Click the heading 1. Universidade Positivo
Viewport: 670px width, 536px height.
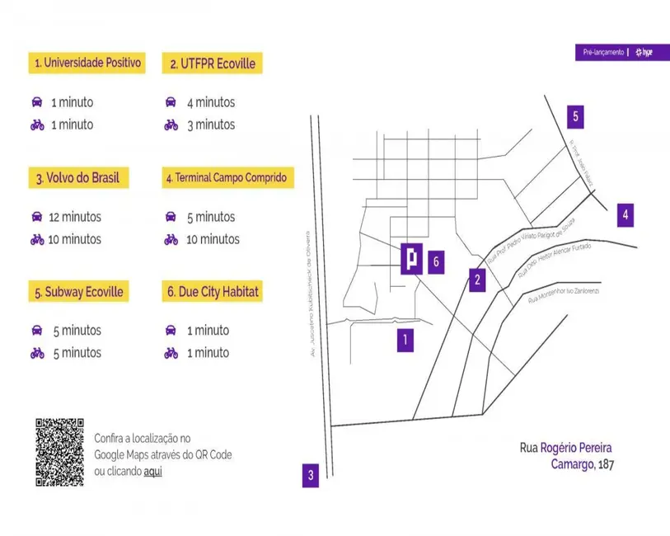click(87, 63)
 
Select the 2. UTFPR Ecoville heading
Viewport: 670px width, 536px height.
click(213, 63)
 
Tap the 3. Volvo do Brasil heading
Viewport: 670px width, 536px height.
click(78, 178)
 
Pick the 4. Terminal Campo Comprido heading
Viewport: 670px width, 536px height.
click(228, 177)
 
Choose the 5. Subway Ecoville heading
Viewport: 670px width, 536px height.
click(79, 292)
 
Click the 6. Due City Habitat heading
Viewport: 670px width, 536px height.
click(213, 292)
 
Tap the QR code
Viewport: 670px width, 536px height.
click(59, 452)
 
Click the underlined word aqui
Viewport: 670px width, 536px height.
click(152, 472)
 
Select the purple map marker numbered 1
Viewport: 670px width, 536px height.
click(405, 338)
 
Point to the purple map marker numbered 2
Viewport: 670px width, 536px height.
click(477, 280)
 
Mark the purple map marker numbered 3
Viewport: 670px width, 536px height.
click(310, 474)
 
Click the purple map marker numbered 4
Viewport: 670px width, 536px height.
click(625, 215)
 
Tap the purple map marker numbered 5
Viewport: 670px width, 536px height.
click(576, 116)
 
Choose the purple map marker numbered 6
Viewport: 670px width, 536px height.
click(437, 262)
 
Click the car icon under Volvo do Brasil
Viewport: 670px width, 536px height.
click(36, 217)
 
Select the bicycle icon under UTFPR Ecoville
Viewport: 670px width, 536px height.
click(171, 125)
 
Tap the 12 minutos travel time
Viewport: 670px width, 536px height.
click(75, 217)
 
